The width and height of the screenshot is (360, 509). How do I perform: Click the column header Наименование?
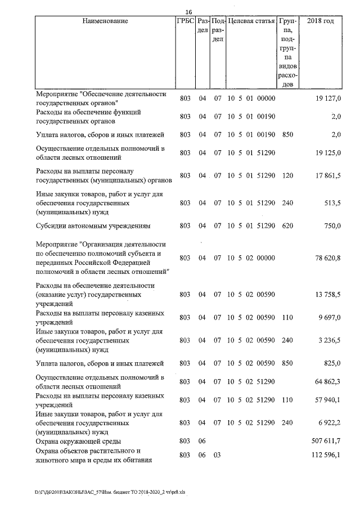point(105,21)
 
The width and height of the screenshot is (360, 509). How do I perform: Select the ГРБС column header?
point(184,21)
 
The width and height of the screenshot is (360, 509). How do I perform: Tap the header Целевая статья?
point(251,21)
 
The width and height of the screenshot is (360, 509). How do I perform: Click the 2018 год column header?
point(321,21)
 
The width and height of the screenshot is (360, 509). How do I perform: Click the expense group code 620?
point(287,226)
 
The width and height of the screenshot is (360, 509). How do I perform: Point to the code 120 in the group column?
point(287,175)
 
